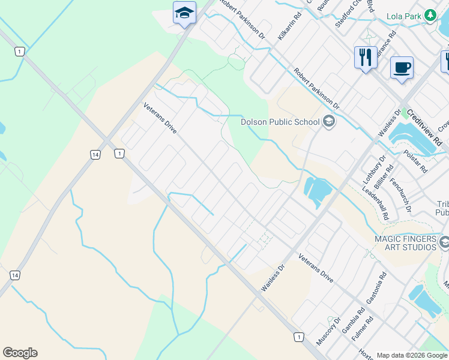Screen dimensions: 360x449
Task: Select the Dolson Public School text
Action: pos(280,122)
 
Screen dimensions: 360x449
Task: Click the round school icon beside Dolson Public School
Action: pos(328,122)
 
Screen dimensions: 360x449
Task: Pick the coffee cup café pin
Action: pos(402,67)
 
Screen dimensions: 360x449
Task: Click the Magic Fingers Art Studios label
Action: pos(405,243)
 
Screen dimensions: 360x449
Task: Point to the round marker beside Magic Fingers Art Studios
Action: pos(444,242)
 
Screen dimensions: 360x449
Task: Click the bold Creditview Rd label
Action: pos(424,127)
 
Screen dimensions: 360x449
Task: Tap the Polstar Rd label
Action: pos(415,160)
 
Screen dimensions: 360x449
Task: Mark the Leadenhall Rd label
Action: pos(376,204)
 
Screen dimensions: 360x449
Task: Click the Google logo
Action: pos(20,352)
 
